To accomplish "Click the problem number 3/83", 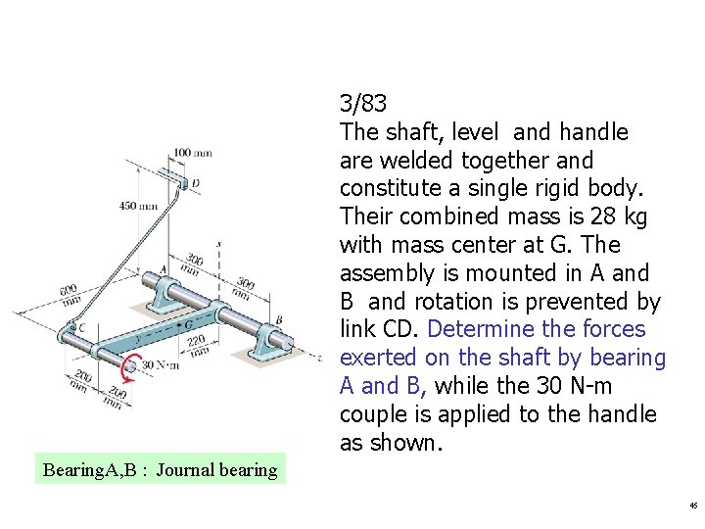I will (363, 103).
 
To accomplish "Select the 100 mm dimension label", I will (193, 153).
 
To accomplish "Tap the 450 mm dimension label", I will (138, 206).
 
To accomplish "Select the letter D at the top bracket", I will (196, 183).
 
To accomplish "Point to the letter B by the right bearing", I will (278, 319).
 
